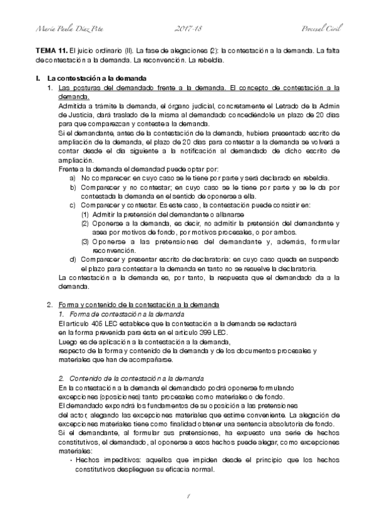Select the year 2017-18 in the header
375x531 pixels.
[x=187, y=29]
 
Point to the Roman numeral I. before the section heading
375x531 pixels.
[x=38, y=78]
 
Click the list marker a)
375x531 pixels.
[x=73, y=178]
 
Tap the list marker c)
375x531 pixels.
[x=73, y=205]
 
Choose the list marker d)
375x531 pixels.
[x=73, y=259]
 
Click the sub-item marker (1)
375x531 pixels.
[x=85, y=214]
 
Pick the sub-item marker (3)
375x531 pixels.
[x=85, y=241]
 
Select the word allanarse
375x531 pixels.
[x=210, y=214]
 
